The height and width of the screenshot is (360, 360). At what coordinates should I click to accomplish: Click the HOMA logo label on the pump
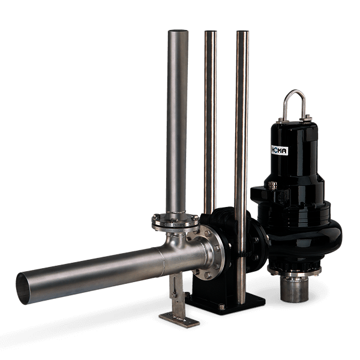[280, 150]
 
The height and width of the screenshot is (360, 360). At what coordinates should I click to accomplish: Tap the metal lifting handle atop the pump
[294, 92]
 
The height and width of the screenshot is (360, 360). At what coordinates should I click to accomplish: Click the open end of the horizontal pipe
[23, 289]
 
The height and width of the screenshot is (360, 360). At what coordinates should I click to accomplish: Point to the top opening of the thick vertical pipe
[178, 31]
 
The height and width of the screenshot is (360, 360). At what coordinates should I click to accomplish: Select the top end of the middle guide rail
[211, 32]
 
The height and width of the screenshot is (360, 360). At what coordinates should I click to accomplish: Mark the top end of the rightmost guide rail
[242, 32]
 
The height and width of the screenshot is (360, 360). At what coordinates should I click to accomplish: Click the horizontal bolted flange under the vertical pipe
[175, 222]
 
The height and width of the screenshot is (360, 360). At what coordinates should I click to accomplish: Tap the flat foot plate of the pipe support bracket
[179, 320]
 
